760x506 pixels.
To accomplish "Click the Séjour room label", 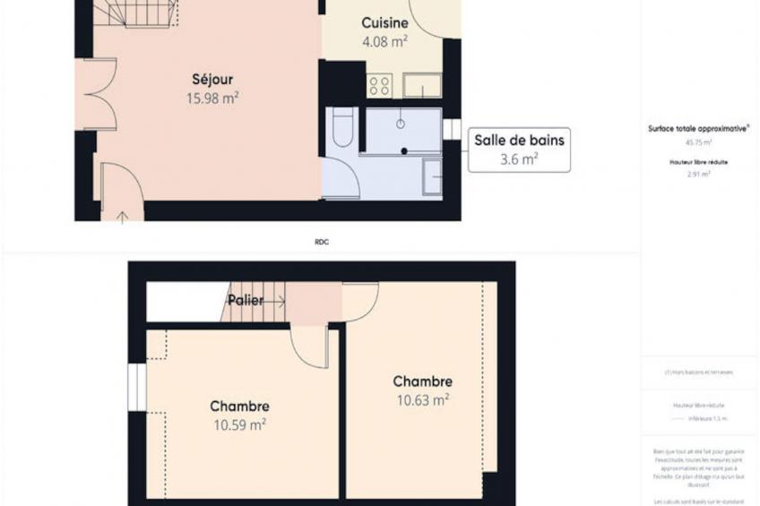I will [212, 80].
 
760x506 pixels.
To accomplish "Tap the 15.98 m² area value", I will [212, 99].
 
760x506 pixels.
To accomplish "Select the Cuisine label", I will [385, 22].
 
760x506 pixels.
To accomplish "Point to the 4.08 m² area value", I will [385, 39].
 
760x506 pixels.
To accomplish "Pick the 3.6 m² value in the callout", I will [519, 160].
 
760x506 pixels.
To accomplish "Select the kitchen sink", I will [421, 86].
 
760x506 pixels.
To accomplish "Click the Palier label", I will [246, 300].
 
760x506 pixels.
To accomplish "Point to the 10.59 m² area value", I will [240, 425].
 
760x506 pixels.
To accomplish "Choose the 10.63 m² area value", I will [423, 400].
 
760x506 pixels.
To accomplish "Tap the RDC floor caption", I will [322, 242].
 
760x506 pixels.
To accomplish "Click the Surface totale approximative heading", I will [699, 128].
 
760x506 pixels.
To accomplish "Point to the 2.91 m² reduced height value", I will [699, 175].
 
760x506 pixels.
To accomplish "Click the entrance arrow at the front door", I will [122, 216].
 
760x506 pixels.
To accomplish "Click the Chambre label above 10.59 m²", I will [240, 406].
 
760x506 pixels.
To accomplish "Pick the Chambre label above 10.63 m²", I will [423, 382].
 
